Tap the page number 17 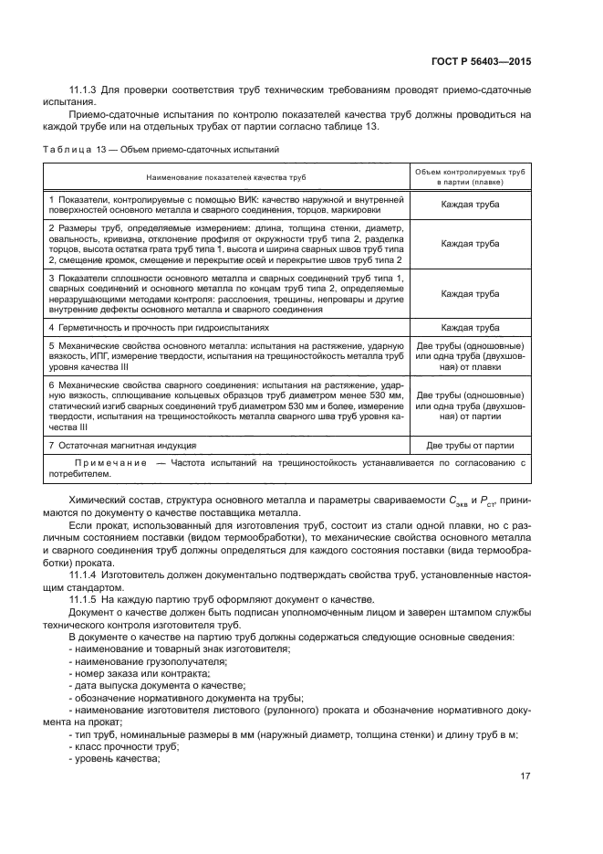click(525, 776)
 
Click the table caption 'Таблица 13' click(75, 149)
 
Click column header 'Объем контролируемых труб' click(470, 171)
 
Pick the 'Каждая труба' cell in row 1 click(470, 205)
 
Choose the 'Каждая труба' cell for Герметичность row click(470, 326)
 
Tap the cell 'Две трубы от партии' click(470, 446)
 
